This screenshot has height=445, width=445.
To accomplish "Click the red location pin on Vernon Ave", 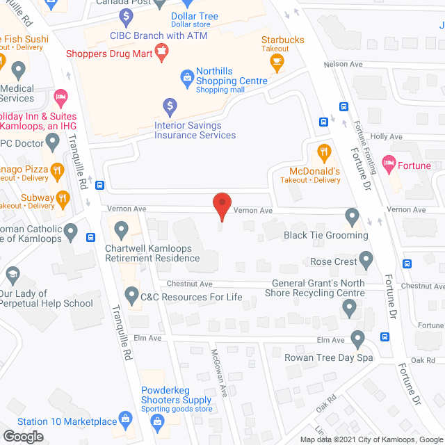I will tap(221, 204).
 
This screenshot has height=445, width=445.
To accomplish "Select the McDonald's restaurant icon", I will tap(323, 152).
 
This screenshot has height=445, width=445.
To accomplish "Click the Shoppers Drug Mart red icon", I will tap(162, 50).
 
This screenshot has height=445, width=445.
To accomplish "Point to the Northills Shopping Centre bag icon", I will tap(186, 77).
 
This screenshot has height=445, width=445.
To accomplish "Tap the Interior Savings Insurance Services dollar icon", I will tap(170, 106).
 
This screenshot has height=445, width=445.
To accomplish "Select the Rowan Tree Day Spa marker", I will tap(358, 339).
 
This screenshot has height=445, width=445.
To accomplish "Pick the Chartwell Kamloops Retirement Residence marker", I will tap(122, 228).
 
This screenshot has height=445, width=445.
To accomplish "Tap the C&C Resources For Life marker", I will tap(131, 296).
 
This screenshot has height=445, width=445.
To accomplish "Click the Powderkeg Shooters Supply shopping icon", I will tap(158, 421).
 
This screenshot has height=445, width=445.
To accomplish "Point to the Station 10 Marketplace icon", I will tap(126, 419).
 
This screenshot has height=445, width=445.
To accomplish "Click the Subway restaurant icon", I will tap(63, 200).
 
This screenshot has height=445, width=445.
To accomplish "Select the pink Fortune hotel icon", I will tap(389, 165).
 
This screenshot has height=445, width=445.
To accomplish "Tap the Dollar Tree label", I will tap(194, 17).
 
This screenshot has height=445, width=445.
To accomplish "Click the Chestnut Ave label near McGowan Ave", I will tap(190, 284).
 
